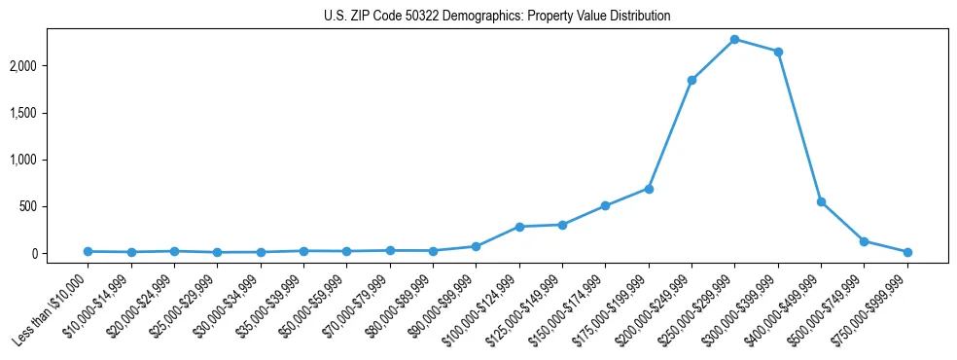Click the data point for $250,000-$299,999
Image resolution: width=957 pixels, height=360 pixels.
pos(734,39)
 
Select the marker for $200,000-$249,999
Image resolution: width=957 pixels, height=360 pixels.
pos(691,80)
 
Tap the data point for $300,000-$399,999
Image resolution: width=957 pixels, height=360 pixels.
pos(778,52)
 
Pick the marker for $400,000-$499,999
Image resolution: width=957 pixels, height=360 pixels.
pos(821,201)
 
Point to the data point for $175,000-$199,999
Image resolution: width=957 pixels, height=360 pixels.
pos(649,189)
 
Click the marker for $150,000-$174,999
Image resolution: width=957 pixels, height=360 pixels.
pos(605,205)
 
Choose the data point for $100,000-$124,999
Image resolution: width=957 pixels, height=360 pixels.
pos(519,227)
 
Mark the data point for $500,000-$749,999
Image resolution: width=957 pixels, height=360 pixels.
pos(864,241)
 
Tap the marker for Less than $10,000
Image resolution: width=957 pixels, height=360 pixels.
pos(89,251)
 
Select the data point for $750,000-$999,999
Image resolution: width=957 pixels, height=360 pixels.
pos(907,252)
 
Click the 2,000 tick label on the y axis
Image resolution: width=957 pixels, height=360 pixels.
pos(51,66)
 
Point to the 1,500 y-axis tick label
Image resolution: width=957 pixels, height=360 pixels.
pos(51,113)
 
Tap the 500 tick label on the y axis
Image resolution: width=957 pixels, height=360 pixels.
pos(55,206)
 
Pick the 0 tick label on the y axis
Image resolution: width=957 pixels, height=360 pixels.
pos(60,254)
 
